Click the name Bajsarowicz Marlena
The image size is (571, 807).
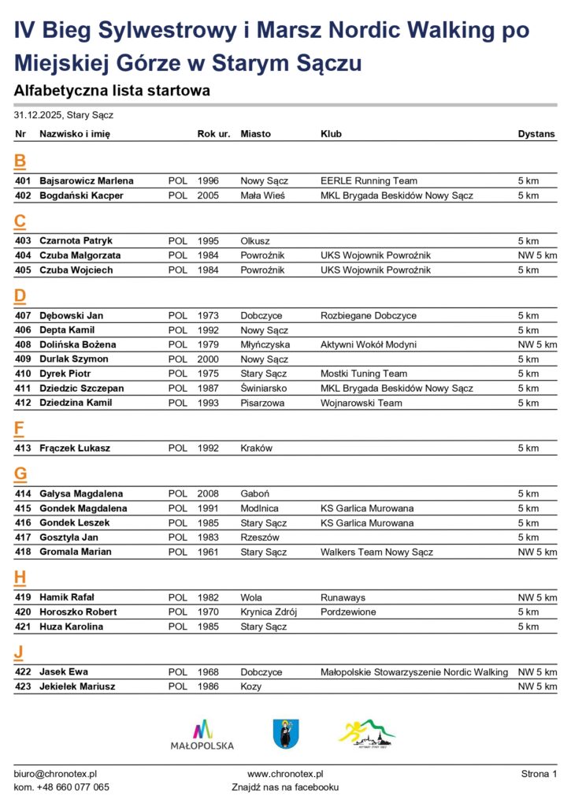click(x=87, y=181)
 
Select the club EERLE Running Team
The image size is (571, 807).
click(x=369, y=181)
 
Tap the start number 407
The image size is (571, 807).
click(x=23, y=316)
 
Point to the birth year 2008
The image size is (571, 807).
click(x=208, y=494)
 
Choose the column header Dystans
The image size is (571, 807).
click(x=536, y=134)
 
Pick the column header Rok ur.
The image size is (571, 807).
click(x=213, y=134)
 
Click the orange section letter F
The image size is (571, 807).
click(x=20, y=430)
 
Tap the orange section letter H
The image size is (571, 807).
click(x=20, y=578)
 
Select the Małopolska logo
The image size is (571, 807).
click(x=202, y=734)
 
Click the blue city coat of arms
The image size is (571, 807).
click(x=285, y=734)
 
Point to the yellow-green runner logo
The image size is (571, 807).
click(x=367, y=734)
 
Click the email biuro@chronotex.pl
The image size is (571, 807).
click(x=55, y=775)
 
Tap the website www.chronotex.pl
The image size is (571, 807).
click(x=285, y=775)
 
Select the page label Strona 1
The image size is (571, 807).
click(x=539, y=775)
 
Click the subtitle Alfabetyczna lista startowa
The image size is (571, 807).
click(x=112, y=91)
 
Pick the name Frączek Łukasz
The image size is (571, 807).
click(x=75, y=448)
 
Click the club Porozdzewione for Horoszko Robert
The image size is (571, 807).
click(x=348, y=612)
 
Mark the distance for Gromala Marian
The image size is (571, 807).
click(x=537, y=552)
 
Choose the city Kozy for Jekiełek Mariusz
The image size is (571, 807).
click(x=252, y=686)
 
